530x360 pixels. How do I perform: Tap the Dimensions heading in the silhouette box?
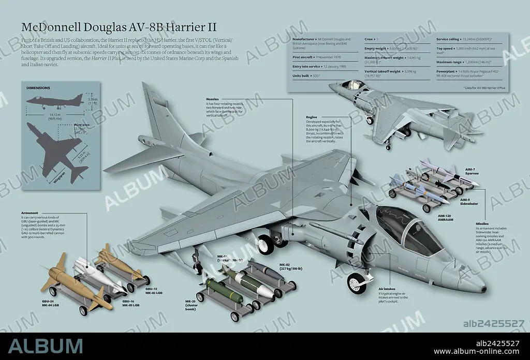(x=38, y=88)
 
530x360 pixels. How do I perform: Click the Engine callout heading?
(x=312, y=117)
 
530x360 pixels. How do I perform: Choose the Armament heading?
(x=30, y=213)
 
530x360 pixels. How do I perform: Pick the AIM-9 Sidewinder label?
(x=469, y=200)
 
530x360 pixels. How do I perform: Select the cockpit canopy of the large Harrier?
(x=411, y=228)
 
